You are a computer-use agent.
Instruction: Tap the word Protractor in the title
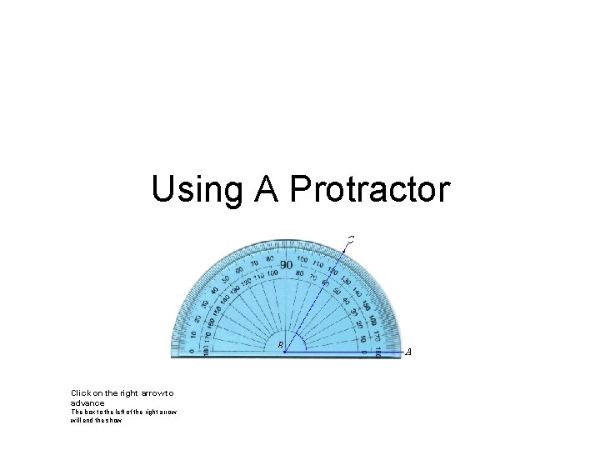(369, 190)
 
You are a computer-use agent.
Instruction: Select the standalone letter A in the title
(267, 190)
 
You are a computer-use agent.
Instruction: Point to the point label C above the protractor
(351, 239)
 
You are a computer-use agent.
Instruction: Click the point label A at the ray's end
(407, 352)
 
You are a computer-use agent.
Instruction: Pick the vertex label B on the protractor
(281, 344)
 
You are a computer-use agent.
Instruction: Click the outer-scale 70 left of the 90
(253, 263)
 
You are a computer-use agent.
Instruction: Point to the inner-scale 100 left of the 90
(272, 273)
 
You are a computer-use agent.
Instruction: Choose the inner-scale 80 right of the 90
(299, 272)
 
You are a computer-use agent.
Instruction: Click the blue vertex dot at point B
(285, 352)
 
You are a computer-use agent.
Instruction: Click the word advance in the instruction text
(87, 402)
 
